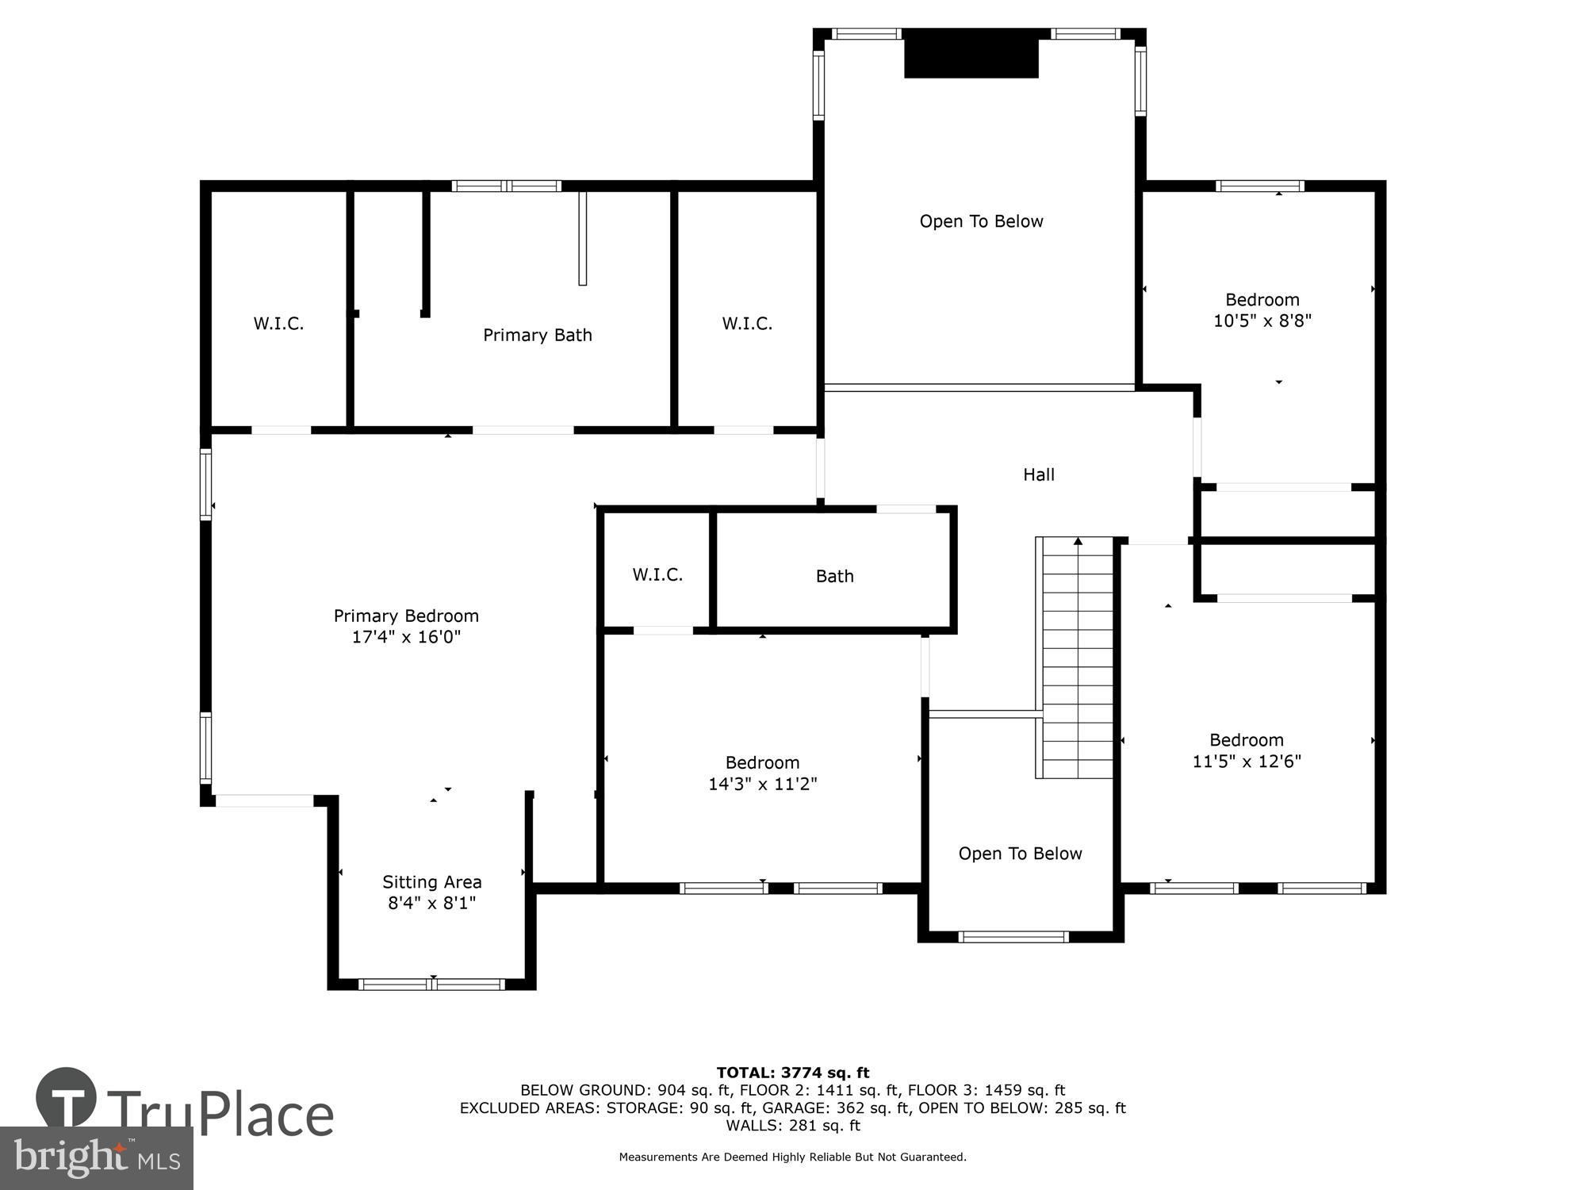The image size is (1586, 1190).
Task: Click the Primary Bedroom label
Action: coord(406,616)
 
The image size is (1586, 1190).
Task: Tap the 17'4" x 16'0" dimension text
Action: coord(406,637)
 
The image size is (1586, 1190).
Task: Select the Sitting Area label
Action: coord(431,881)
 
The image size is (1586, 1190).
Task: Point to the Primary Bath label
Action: coord(538,335)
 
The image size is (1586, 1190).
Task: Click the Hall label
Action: coord(1038,474)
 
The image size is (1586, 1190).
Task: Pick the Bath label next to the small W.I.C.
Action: coord(834,576)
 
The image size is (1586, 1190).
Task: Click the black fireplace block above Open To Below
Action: coord(971,54)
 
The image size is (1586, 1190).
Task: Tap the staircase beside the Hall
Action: coord(1077,658)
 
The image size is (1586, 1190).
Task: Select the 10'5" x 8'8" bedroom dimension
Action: coord(1262,321)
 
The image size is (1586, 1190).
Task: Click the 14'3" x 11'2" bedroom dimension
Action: coord(762,784)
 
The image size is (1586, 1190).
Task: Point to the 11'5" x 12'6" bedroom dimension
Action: coord(1247,762)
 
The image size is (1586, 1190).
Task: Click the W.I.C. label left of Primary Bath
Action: coord(278,323)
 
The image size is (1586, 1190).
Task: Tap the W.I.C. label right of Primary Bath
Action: coord(747,323)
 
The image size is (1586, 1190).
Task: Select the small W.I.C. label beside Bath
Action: coord(657,574)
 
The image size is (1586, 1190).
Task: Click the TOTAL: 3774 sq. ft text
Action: coord(793,1073)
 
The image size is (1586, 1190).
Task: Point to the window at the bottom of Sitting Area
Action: coord(431,985)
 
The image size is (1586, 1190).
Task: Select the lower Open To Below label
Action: coord(1020,854)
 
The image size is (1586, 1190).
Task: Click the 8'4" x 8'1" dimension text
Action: coord(431,903)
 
